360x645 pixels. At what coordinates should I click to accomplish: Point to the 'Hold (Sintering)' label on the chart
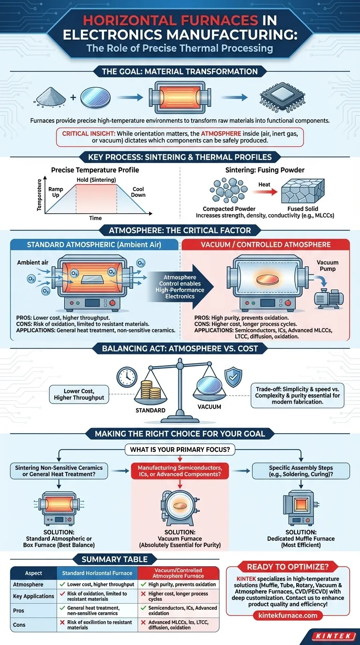pos(96,180)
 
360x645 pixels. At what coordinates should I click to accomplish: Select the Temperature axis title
pos(40,194)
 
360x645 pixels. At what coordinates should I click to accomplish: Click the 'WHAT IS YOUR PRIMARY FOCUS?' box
pos(180,450)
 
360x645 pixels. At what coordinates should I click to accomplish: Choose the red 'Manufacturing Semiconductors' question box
pos(180,471)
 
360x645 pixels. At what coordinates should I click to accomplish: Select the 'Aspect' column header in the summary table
pos(33,573)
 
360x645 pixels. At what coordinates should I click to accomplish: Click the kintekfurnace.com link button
pos(287,615)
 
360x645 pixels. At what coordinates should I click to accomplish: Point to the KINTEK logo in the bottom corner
pos(333,637)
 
